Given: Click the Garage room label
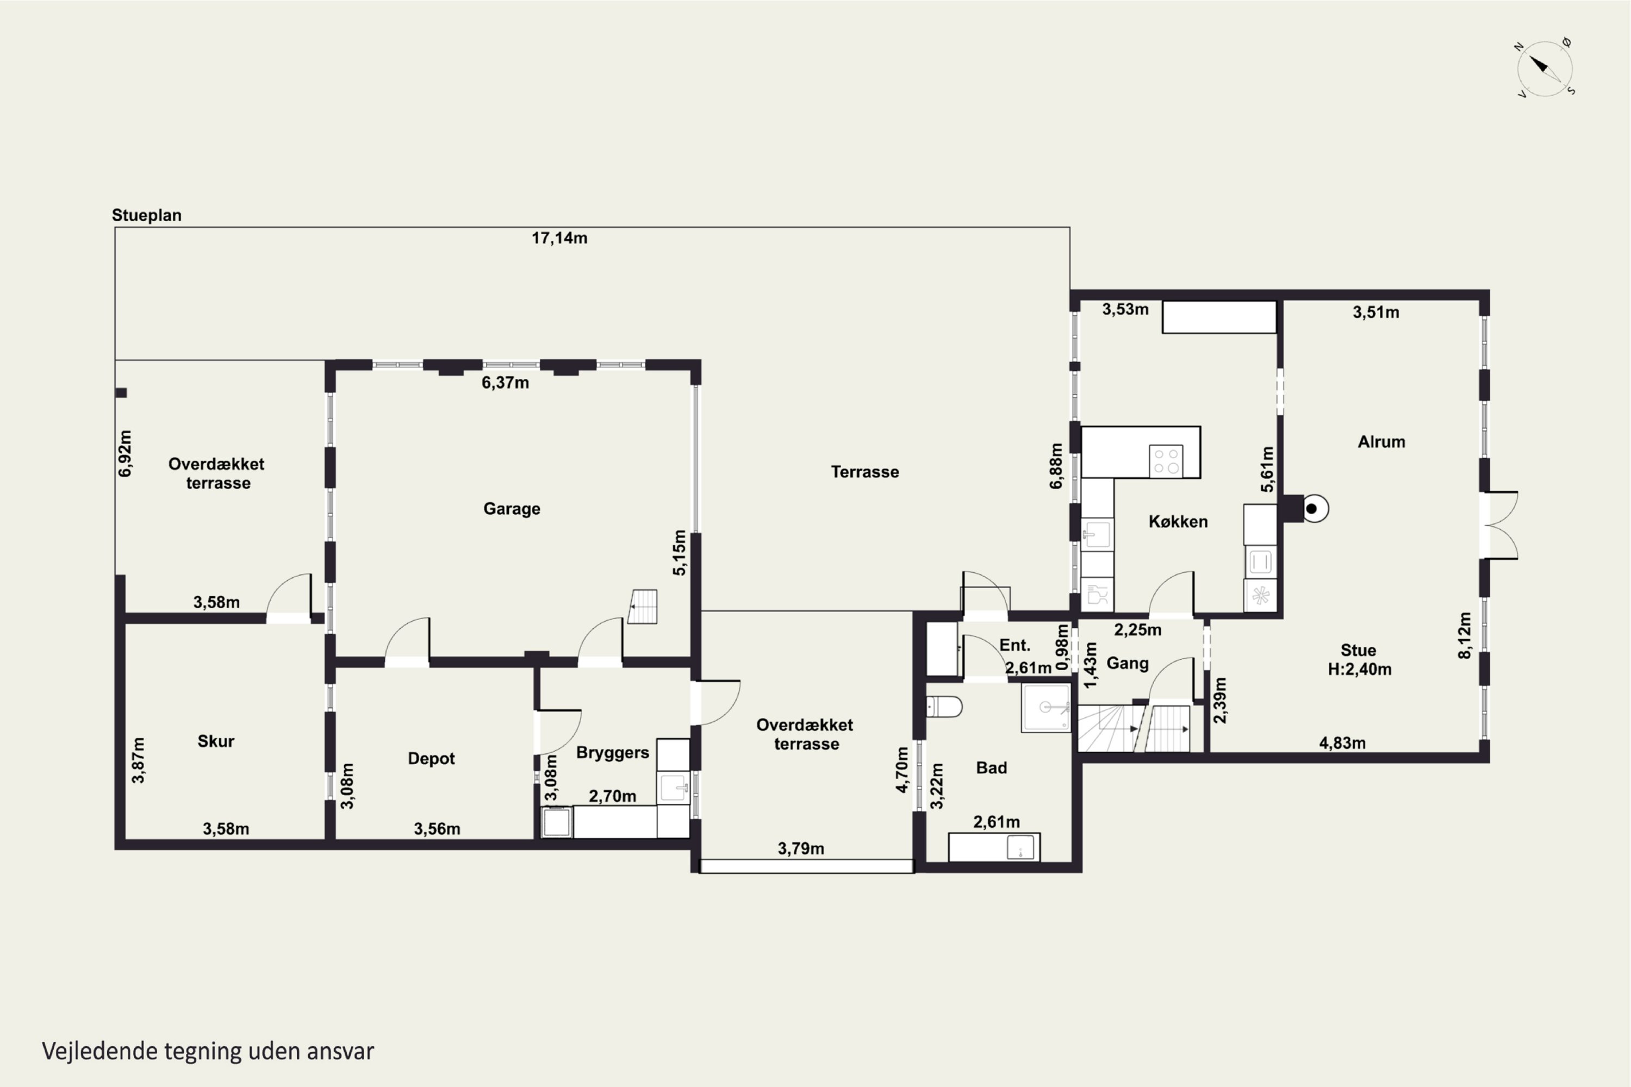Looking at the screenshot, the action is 512,509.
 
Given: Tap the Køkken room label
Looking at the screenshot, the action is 1178,521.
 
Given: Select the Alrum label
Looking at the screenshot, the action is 1381,441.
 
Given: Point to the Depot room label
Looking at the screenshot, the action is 431,758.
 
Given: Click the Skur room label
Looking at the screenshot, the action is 216,741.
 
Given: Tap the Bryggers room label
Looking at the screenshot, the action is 612,753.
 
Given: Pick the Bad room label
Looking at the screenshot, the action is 992,767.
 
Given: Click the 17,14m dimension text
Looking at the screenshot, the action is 559,239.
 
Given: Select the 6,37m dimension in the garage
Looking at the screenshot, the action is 506,383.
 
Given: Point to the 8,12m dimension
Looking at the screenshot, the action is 1464,636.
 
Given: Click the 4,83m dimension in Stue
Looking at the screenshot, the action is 1342,743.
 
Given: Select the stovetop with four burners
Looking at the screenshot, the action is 1166,461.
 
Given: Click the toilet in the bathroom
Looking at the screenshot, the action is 944,707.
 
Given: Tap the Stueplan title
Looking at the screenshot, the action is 147,216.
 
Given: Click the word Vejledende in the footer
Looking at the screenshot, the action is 100,1051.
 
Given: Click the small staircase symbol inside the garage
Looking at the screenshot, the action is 643,607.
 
